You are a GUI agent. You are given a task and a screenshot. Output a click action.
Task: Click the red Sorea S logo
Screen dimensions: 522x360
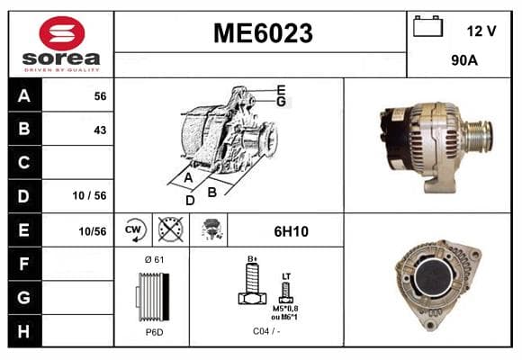tap(62, 33)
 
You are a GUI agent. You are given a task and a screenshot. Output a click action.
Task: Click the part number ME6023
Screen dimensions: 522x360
tap(263, 33)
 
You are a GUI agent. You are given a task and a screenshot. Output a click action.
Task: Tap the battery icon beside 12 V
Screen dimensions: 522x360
tap(427, 26)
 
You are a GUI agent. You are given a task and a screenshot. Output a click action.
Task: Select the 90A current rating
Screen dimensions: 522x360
tap(464, 60)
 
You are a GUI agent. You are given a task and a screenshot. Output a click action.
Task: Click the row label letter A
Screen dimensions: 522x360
tap(24, 96)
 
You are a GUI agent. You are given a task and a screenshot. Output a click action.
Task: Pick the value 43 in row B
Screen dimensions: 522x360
tap(100, 130)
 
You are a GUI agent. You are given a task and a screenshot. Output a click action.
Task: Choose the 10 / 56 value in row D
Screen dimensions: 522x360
tap(90, 195)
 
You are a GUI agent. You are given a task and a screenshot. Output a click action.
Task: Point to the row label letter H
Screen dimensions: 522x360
tap(23, 331)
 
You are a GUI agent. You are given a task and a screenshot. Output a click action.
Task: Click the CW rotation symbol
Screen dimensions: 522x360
tap(133, 229)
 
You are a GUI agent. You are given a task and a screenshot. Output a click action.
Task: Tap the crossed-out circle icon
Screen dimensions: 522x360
tap(170, 229)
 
